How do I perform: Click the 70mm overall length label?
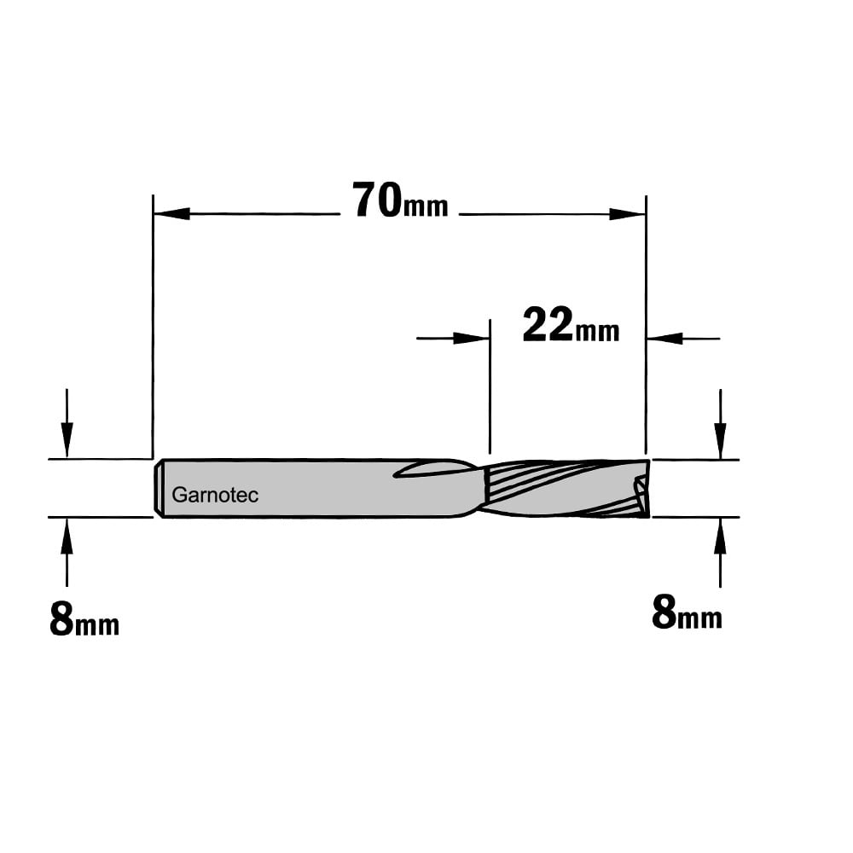point(400,200)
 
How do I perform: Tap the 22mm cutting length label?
point(571,324)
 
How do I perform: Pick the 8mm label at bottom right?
point(687,613)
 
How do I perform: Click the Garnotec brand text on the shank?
point(215,495)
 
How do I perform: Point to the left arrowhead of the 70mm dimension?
point(172,214)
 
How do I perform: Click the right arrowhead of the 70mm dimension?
point(627,214)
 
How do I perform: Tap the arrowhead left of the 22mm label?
point(471,339)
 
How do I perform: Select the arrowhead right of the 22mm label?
point(664,339)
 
